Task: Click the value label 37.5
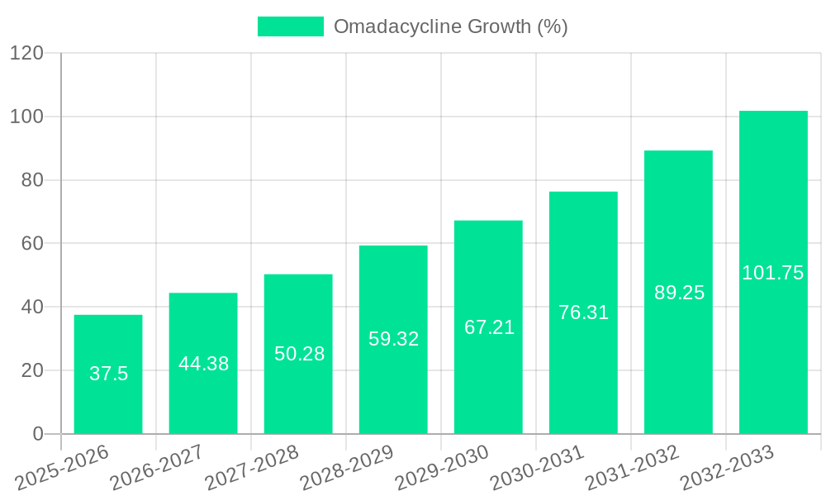tap(109, 374)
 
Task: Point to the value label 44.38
tap(203, 364)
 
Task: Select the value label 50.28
tap(299, 354)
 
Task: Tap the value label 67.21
tap(489, 327)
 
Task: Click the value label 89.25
tap(679, 293)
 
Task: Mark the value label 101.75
tap(773, 273)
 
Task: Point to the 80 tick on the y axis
tap(31, 180)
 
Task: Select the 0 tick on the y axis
tap(37, 434)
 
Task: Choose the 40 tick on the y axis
tap(31, 307)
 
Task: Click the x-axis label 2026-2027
tap(158, 467)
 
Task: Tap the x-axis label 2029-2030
tap(443, 467)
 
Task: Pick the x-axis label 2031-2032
tap(633, 467)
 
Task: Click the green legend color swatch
tap(290, 26)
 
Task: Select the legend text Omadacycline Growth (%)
tap(450, 26)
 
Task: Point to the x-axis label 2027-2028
tap(253, 467)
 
